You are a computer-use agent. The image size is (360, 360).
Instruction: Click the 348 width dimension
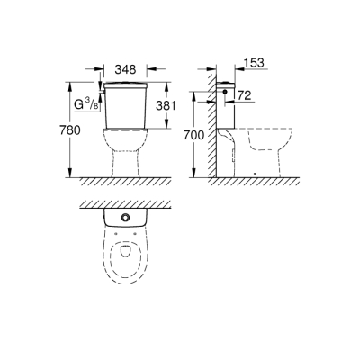(125, 68)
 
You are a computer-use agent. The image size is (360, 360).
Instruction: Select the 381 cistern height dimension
(161, 105)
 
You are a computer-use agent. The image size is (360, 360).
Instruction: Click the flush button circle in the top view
(125, 219)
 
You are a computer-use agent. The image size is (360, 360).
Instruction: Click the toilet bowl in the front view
(125, 148)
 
